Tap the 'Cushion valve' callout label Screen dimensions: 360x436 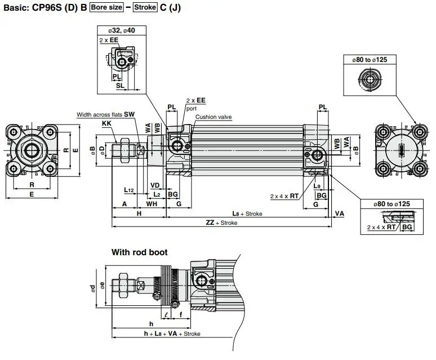pos(213,117)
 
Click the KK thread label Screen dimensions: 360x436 pos(106,123)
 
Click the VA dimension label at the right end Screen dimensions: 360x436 pos(339,214)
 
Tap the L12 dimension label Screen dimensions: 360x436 pos(129,190)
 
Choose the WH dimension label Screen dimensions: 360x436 pos(152,204)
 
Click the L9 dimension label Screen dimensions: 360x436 pos(317,186)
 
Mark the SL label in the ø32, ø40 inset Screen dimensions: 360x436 pos(120,85)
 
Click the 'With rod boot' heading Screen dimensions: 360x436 pos(139,252)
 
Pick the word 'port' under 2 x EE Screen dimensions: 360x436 pos(192,108)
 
